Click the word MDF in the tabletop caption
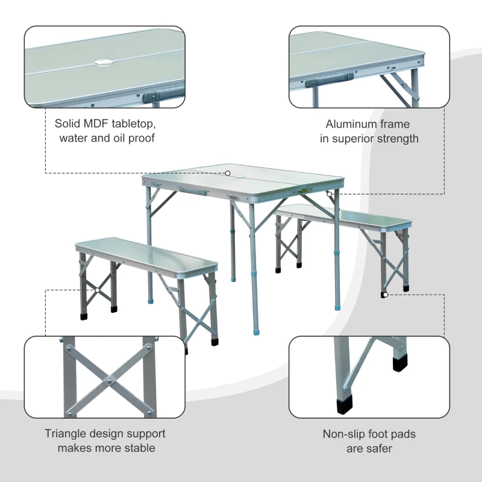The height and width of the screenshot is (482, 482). click(x=99, y=124)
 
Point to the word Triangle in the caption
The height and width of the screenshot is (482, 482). click(x=69, y=433)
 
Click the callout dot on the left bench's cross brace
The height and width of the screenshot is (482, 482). click(x=96, y=290)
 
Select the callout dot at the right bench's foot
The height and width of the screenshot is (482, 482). click(x=384, y=295)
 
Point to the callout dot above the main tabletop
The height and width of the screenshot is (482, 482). click(x=229, y=173)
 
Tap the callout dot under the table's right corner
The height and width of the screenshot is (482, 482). click(x=329, y=194)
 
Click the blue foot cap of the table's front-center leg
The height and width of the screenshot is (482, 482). click(x=257, y=331)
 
